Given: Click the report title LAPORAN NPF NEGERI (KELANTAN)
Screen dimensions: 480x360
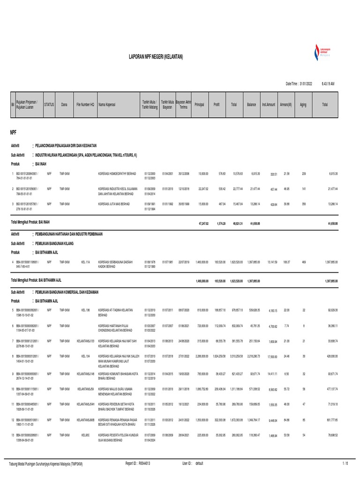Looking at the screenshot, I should tap(156, 57).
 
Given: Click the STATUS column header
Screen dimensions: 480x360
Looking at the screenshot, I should tap(49, 104).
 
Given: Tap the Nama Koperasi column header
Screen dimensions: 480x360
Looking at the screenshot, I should tap(107, 104).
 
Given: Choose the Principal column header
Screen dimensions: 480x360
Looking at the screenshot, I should tap(199, 104).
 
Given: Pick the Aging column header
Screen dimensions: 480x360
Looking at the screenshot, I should tap(303, 104).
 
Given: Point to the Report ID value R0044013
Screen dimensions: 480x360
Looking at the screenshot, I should tap(144, 463).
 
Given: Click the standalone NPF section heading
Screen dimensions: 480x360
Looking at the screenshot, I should tap(14, 133).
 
